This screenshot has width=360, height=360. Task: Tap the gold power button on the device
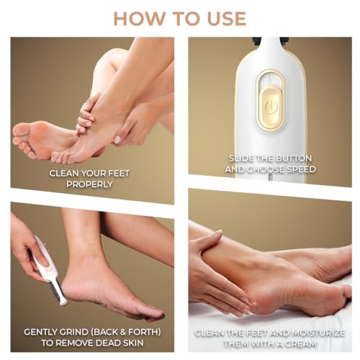pyautogui.click(x=271, y=106)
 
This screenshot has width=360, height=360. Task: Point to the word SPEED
pyautogui.click(x=300, y=169)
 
